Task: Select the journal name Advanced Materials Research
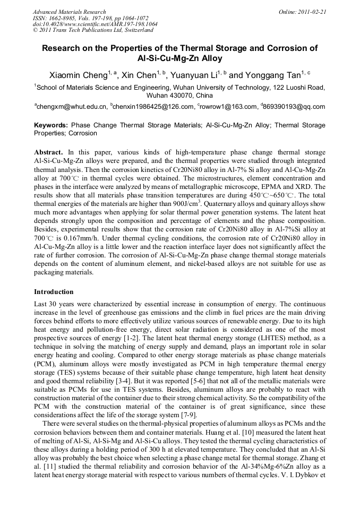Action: coord(69,12)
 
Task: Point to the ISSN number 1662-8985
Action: coord(62,18)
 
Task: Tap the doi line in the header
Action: coord(95,24)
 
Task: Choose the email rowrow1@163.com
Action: coord(225,107)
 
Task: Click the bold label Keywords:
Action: coord(51,125)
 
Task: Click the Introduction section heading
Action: coord(54,292)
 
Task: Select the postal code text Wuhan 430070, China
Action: coord(179,96)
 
